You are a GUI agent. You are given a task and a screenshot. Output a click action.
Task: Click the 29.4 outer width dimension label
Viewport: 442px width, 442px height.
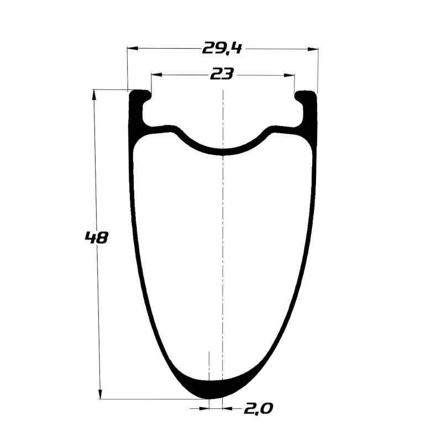(x=222, y=48)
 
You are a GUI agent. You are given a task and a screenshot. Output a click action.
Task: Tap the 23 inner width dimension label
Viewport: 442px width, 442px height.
(x=222, y=75)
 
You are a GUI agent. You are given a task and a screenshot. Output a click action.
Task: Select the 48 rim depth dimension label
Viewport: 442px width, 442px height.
(x=96, y=238)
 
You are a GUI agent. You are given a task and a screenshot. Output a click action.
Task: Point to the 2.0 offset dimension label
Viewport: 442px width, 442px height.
(x=258, y=408)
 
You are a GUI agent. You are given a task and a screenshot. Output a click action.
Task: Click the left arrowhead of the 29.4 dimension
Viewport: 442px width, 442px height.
(x=133, y=49)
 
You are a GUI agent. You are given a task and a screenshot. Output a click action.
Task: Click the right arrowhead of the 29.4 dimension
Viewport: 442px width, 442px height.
(x=313, y=49)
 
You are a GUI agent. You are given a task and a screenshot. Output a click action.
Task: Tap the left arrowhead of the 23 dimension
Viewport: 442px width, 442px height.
(x=157, y=75)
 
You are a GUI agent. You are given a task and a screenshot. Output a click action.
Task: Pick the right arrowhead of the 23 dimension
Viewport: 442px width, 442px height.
(x=289, y=75)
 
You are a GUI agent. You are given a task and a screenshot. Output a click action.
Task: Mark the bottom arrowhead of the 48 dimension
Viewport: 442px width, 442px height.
(x=100, y=393)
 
